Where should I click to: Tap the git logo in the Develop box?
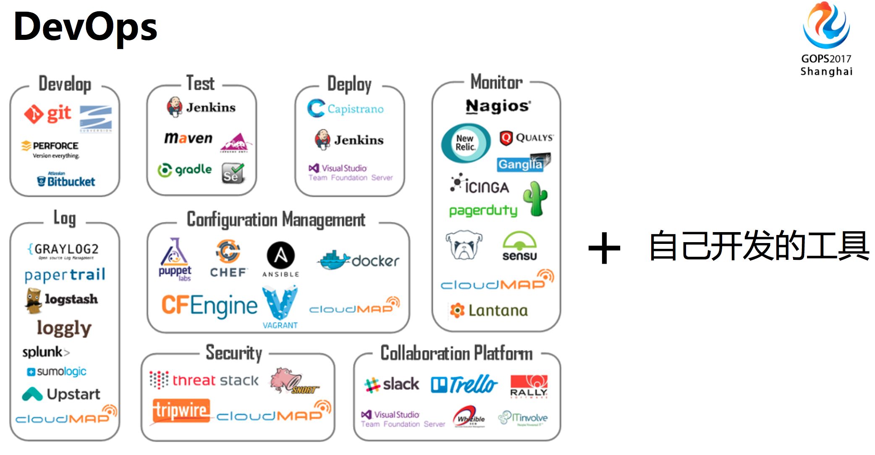pyautogui.click(x=48, y=114)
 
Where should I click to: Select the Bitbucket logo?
pyautogui.click(x=66, y=181)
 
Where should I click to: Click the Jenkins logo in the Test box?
pyautogui.click(x=201, y=107)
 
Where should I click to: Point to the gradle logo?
pyautogui.click(x=185, y=170)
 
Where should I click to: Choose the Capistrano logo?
pyautogui.click(x=345, y=109)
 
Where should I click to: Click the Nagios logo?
pyautogui.click(x=498, y=106)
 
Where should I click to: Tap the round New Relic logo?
pyautogui.click(x=466, y=143)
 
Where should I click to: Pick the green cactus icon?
pyautogui.click(x=535, y=199)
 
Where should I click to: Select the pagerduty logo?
pyautogui.click(x=483, y=210)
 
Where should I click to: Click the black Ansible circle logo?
pyautogui.click(x=280, y=255)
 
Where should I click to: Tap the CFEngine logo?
pyautogui.click(x=209, y=305)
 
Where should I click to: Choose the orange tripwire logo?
pyautogui.click(x=181, y=410)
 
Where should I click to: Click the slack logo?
pyautogui.click(x=391, y=384)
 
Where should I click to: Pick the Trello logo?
pyautogui.click(x=464, y=384)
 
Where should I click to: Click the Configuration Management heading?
pyautogui.click(x=276, y=220)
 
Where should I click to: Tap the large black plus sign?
pyautogui.click(x=604, y=248)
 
